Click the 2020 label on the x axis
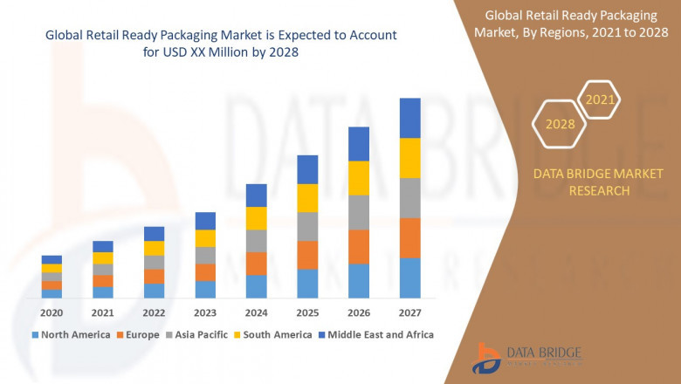(x=52, y=312)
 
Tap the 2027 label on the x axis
(x=409, y=312)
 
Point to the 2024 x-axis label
(x=256, y=312)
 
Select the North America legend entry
(x=71, y=334)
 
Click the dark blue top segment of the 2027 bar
(x=409, y=118)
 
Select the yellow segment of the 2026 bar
(x=359, y=178)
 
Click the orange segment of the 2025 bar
(x=307, y=255)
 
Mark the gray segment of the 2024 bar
(x=256, y=241)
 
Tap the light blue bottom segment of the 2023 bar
(x=205, y=290)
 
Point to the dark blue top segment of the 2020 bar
(x=52, y=259)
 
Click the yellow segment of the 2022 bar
(x=154, y=248)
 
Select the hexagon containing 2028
(x=561, y=124)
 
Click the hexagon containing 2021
(x=600, y=99)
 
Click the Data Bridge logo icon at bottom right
(x=486, y=358)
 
